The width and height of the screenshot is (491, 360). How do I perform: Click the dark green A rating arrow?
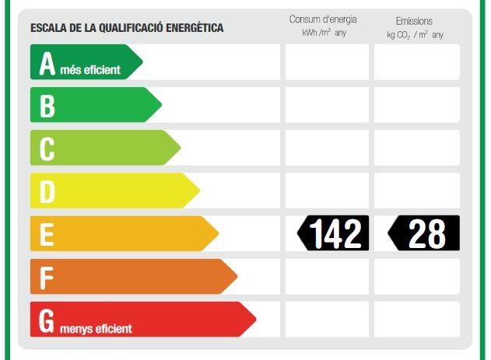tap(86, 62)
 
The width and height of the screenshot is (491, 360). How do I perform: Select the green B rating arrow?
tap(95, 105)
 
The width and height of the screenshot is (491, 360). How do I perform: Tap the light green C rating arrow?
tap(105, 148)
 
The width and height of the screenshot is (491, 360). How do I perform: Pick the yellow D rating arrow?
tap(114, 190)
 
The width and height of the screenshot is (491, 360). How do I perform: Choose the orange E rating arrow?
tap(124, 233)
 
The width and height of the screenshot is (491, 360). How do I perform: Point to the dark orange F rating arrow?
tap(133, 276)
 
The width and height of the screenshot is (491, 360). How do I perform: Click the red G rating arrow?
tap(142, 319)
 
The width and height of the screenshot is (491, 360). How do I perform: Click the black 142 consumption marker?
tap(334, 233)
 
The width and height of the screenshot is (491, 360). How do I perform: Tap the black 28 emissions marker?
tap(424, 233)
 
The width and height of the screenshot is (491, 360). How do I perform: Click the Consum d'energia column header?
tap(323, 19)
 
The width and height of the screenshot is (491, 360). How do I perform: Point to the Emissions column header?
tap(414, 21)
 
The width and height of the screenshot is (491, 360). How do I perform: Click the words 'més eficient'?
tap(91, 70)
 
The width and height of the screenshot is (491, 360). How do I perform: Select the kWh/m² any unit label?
tap(324, 33)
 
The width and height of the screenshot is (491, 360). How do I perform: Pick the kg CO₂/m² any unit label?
tap(415, 35)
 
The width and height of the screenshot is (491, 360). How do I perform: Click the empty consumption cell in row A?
tap(327, 62)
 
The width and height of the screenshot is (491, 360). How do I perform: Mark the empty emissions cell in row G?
tap(416, 319)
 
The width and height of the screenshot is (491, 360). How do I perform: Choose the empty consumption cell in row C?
tap(327, 148)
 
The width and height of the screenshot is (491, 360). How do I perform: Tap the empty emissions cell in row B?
tap(416, 105)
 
